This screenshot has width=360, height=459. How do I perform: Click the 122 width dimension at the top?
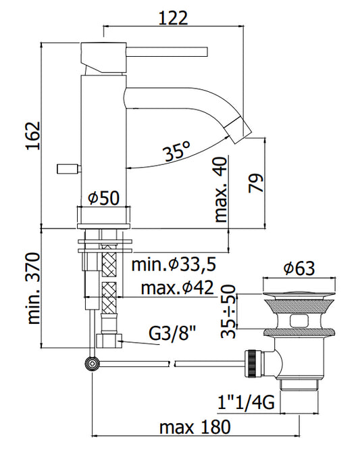tap(173, 18)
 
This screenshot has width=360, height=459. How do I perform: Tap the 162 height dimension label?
tap(32, 135)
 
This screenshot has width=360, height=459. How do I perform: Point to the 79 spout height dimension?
tap(256, 183)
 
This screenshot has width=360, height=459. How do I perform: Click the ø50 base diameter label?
tap(104, 198)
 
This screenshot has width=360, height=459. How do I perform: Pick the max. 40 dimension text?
tap(221, 190)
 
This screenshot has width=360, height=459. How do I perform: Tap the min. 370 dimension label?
tap(33, 289)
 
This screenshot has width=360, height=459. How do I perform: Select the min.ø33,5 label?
tap(174, 264)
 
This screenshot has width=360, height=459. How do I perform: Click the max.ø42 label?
tap(177, 288)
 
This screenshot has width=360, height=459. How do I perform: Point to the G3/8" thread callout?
tap(172, 333)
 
